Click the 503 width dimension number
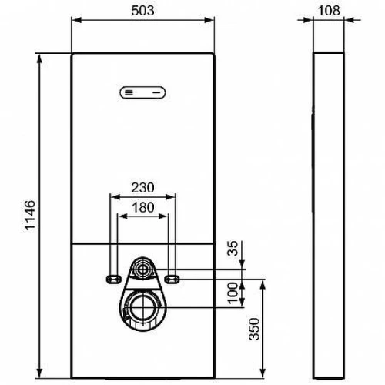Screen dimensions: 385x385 [142, 11]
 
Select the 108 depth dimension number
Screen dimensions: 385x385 [329, 11]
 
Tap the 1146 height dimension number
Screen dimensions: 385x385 [30, 215]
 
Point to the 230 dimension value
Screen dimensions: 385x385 [142, 188]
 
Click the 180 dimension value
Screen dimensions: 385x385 [143, 207]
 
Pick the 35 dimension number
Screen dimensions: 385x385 [233, 248]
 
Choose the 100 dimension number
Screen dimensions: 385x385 [233, 293]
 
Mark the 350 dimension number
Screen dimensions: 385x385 [254, 329]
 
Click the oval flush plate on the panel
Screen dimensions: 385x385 [143, 92]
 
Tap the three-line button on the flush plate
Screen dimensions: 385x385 [129, 92]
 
